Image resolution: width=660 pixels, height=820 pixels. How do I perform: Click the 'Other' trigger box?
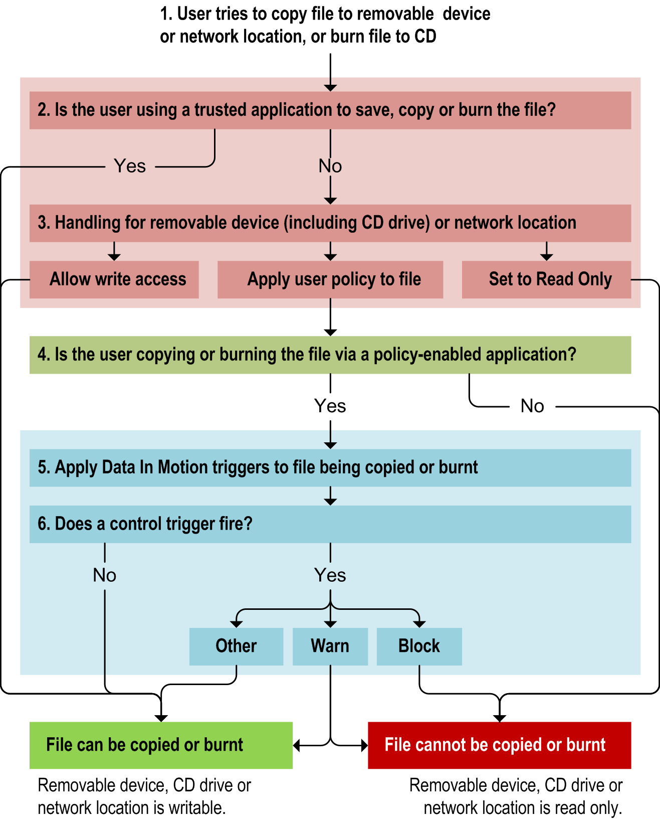click(x=236, y=646)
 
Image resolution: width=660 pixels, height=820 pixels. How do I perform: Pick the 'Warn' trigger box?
click(x=330, y=646)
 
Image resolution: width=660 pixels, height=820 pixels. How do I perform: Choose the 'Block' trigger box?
click(x=419, y=646)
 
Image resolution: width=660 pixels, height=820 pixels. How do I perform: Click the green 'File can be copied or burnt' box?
click(x=161, y=745)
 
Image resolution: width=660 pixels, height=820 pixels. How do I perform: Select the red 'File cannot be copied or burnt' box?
click(x=499, y=745)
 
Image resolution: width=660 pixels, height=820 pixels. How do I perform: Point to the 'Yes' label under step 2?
click(x=130, y=166)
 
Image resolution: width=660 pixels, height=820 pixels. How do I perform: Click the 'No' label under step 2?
click(x=330, y=166)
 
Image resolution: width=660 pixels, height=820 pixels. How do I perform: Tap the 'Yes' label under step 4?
click(x=330, y=406)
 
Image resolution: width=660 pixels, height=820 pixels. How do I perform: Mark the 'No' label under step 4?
click(x=532, y=406)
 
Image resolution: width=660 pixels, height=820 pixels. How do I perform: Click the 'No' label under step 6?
click(x=105, y=575)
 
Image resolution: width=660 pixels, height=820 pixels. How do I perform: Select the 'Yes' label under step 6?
click(x=330, y=575)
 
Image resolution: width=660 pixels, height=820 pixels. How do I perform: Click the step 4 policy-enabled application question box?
click(x=330, y=355)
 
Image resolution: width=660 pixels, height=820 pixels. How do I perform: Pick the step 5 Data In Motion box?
click(x=330, y=467)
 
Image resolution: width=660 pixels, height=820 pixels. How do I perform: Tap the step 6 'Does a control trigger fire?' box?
click(x=330, y=524)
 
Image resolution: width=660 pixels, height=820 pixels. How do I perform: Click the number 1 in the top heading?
click(x=165, y=14)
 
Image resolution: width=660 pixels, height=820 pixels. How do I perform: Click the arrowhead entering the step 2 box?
click(x=330, y=88)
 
